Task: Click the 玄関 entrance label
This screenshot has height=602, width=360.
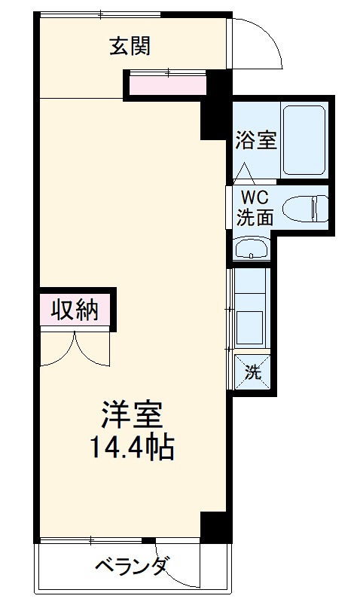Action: [x=131, y=47]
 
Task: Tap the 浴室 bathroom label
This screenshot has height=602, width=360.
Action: [x=256, y=140]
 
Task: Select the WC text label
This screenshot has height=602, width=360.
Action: [x=254, y=197]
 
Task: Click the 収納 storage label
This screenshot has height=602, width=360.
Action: [x=75, y=310]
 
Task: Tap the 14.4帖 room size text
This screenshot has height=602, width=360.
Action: [x=133, y=448]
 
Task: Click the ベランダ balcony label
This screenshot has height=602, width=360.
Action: [x=132, y=567]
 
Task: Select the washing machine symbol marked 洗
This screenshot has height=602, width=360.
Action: [x=253, y=371]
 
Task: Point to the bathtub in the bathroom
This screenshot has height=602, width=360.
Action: [x=304, y=139]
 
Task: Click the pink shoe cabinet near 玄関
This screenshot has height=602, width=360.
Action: [x=167, y=85]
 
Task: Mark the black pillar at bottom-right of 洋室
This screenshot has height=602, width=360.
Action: [x=214, y=527]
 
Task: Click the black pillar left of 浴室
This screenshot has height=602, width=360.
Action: [x=215, y=105]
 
